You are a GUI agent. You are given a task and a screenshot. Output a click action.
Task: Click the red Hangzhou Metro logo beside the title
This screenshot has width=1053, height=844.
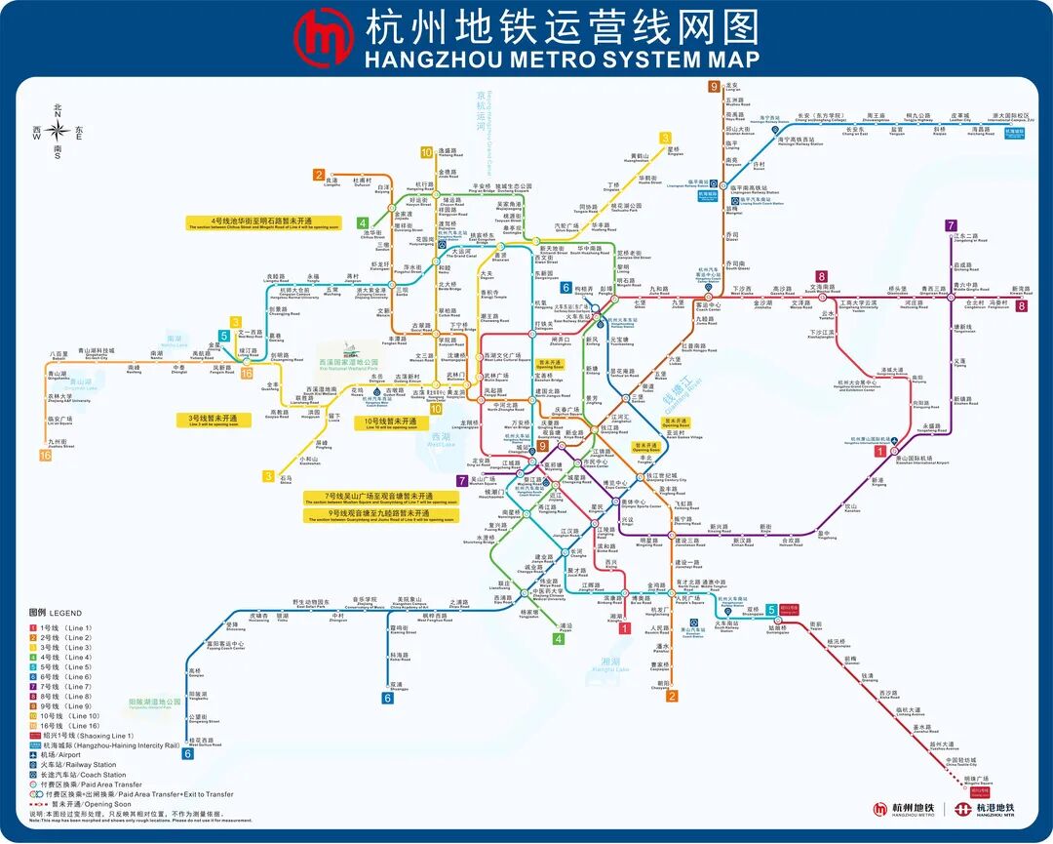click(x=324, y=37)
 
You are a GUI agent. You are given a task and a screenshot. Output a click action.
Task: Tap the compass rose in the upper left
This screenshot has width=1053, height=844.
click(x=58, y=130)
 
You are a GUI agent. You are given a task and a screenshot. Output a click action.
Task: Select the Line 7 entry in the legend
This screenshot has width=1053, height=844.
click(x=64, y=687)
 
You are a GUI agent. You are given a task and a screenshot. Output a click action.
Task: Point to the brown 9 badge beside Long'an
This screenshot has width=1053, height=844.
click(x=714, y=86)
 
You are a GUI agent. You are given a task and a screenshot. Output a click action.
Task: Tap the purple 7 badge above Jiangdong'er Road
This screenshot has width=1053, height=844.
click(x=951, y=225)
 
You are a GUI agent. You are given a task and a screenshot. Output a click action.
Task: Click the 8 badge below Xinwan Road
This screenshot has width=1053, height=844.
click(x=1021, y=305)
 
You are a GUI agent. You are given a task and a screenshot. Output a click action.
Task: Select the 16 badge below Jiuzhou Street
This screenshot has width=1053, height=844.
click(x=45, y=455)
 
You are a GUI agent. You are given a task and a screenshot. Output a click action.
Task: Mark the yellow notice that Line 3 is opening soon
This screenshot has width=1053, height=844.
click(x=219, y=420)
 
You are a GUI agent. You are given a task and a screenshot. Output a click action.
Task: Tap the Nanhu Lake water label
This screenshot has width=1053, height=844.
click(x=175, y=343)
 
